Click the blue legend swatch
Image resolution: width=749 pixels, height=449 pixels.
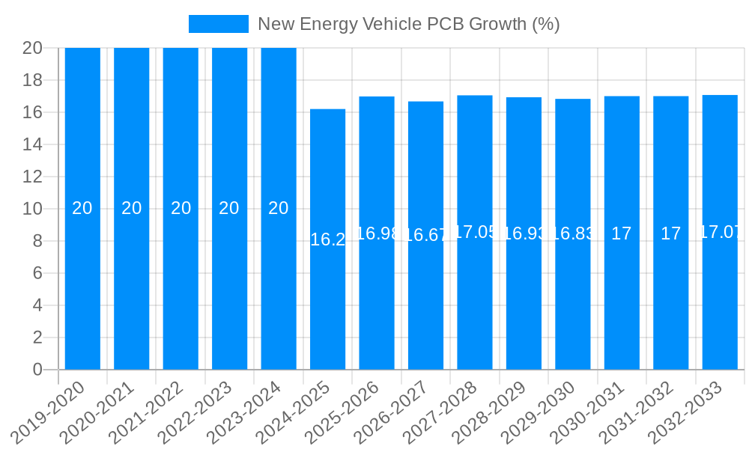point(218,24)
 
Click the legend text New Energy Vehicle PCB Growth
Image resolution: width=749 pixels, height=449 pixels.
point(408,24)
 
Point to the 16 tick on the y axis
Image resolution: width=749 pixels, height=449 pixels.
point(32,112)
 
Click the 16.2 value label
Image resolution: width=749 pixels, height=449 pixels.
point(327,239)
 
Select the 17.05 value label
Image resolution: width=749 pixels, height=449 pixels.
point(475,232)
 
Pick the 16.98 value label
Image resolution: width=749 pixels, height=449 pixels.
point(377,233)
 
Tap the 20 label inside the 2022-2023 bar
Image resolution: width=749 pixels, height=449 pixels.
point(229,208)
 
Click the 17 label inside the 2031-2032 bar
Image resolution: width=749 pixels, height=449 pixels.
point(670,233)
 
